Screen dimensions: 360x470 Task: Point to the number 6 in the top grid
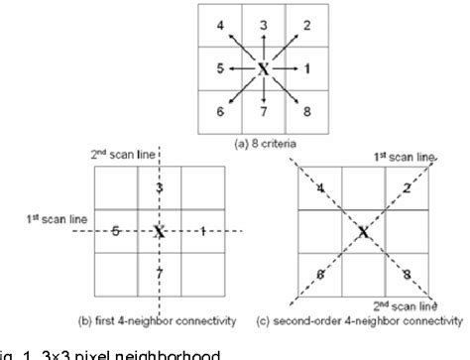[220, 112]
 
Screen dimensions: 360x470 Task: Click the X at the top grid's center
[264, 68]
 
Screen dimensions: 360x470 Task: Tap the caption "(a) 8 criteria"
[264, 143]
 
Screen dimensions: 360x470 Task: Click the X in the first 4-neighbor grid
[159, 232]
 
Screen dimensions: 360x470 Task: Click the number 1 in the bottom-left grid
[203, 232]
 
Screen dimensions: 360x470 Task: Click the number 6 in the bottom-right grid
[320, 273]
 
